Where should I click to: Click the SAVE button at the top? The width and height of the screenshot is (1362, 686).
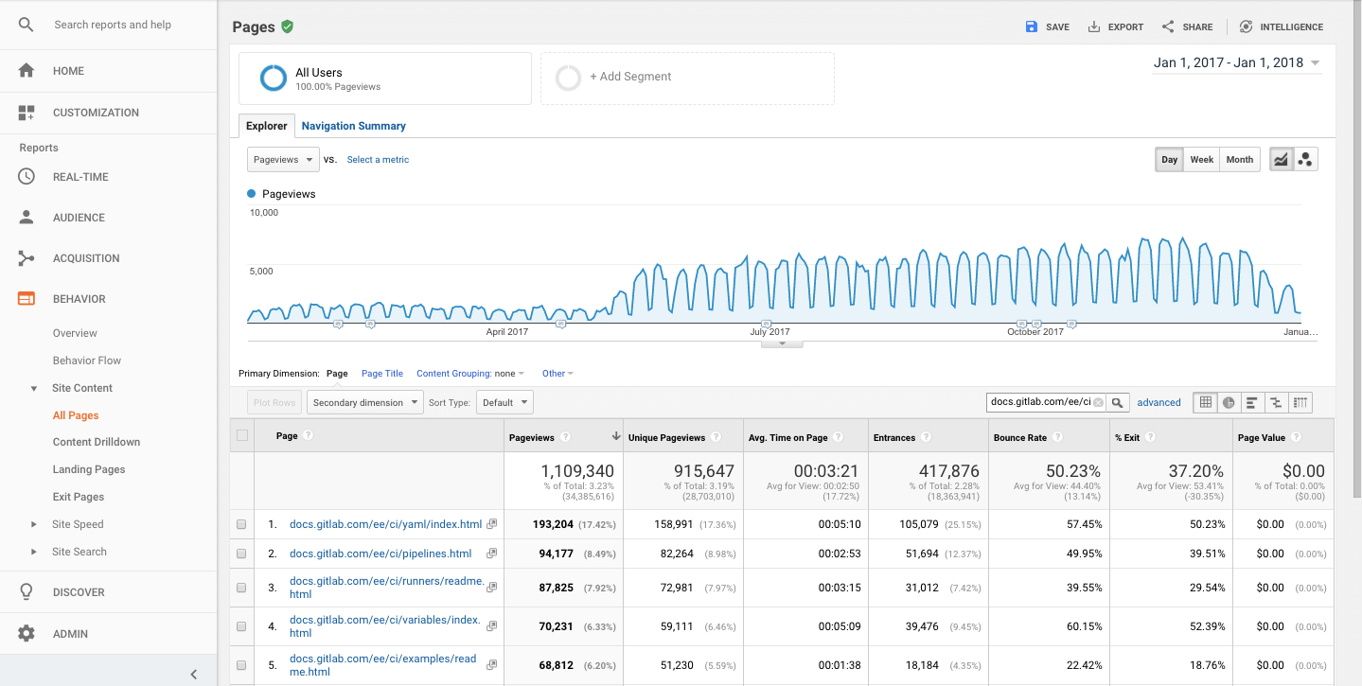pyautogui.click(x=1048, y=26)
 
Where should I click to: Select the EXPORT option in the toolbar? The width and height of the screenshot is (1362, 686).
pyautogui.click(x=1116, y=26)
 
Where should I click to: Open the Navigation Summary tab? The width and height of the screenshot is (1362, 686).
pyautogui.click(x=353, y=126)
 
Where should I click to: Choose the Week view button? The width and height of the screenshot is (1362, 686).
pyautogui.click(x=1201, y=159)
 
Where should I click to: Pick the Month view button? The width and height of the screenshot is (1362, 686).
pyautogui.click(x=1239, y=159)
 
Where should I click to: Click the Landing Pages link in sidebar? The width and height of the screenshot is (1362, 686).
pyautogui.click(x=89, y=469)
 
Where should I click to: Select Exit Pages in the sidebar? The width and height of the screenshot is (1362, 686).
pyautogui.click(x=79, y=497)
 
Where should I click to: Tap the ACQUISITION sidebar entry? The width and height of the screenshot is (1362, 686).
pyautogui.click(x=86, y=258)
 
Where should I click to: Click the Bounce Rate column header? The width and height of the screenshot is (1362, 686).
pyautogui.click(x=1020, y=437)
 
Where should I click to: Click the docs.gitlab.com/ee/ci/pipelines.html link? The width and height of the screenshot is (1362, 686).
pyautogui.click(x=380, y=554)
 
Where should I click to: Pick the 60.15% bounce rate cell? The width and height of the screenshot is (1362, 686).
pyautogui.click(x=1083, y=626)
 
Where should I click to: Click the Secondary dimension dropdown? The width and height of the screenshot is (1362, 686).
pyautogui.click(x=366, y=402)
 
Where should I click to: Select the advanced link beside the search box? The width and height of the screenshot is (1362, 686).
pyautogui.click(x=1159, y=402)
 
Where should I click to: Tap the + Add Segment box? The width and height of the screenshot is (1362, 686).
pyautogui.click(x=687, y=78)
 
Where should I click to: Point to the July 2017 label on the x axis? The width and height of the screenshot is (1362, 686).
pyautogui.click(x=769, y=332)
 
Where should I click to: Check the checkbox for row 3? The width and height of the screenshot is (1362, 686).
pyautogui.click(x=241, y=588)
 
